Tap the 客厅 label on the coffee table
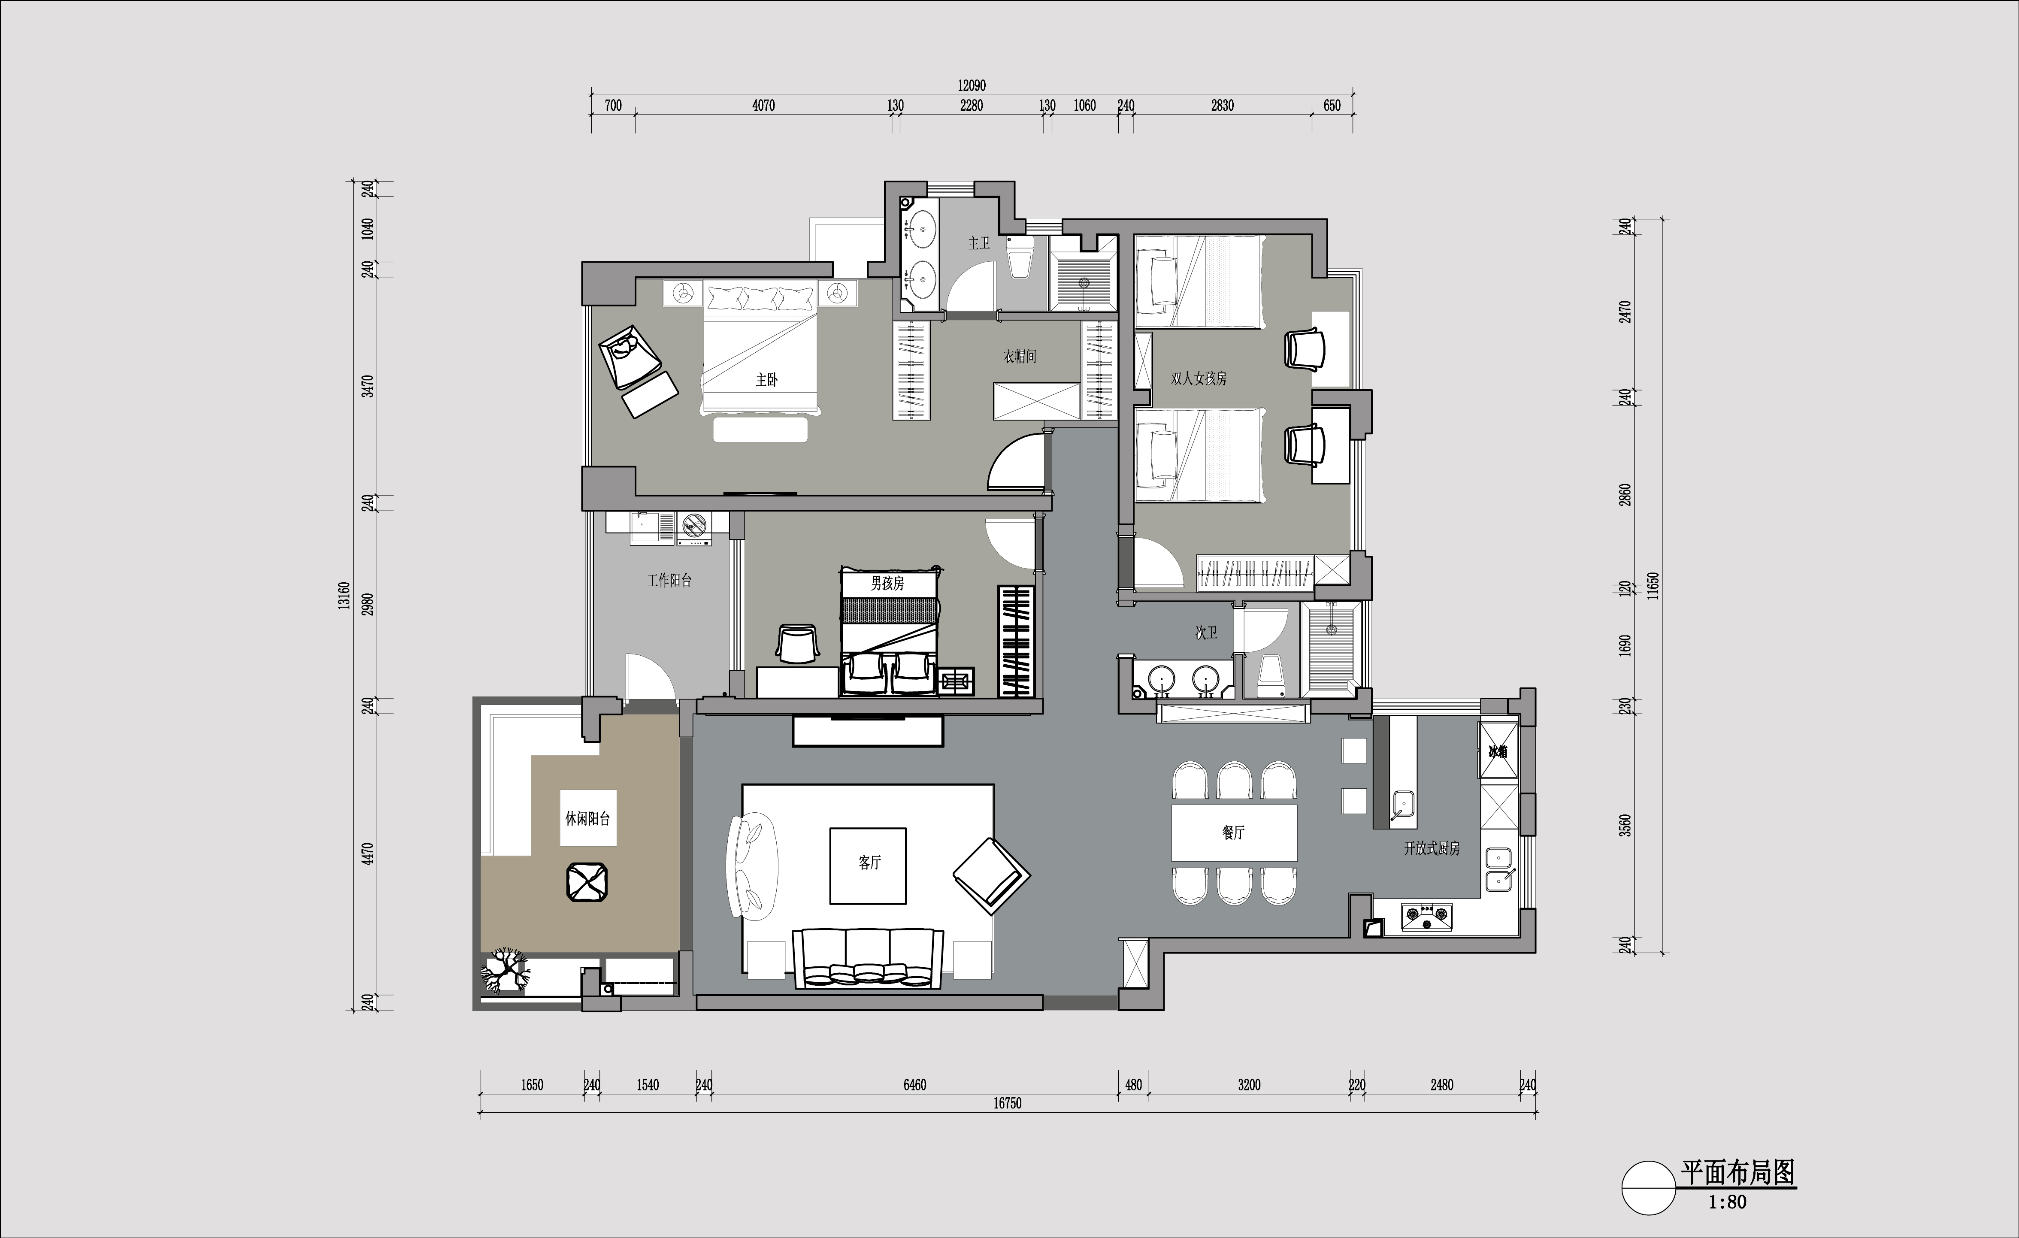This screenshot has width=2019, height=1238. tap(869, 863)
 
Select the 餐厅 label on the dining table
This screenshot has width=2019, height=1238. tap(1233, 832)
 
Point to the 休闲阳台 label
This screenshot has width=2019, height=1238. tap(587, 818)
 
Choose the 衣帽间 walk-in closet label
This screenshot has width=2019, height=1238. tap(1020, 357)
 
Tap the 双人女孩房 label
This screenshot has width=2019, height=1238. tap(1199, 378)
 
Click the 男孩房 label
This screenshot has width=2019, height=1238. tap(887, 583)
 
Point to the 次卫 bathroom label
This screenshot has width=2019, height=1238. tap(1206, 633)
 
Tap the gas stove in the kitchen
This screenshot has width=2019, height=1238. tap(1426, 917)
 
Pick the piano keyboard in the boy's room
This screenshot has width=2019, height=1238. tap(1016, 642)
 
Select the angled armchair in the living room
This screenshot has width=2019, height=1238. tap(991, 876)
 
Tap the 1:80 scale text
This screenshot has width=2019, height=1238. tap(1727, 1203)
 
